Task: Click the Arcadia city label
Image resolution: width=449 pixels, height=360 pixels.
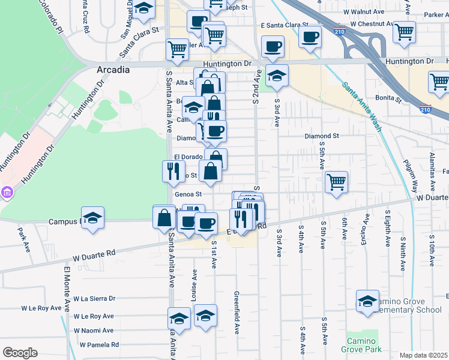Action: [113, 70]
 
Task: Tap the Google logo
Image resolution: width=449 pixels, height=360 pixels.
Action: [20, 353]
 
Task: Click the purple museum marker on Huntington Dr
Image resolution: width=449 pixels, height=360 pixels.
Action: [7, 193]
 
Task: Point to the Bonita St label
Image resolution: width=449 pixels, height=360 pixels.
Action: [390, 97]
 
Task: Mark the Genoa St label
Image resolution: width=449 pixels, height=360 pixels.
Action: [188, 194]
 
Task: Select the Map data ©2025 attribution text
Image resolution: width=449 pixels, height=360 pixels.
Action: [423, 355]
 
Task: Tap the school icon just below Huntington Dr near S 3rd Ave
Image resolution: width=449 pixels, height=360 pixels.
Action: [277, 76]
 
